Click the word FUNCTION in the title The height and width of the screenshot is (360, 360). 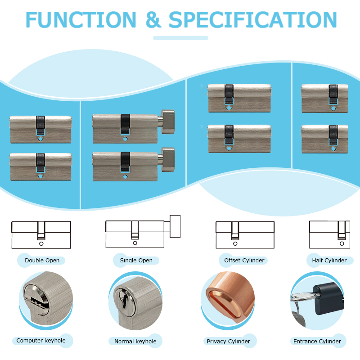coord(81,19)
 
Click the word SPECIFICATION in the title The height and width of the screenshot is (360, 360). coord(252,19)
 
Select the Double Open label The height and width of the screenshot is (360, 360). coord(42,260)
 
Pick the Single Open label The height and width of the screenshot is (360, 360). coord(136,260)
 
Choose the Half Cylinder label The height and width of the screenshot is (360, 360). coord(329,260)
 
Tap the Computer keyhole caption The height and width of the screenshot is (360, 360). coord(41,341)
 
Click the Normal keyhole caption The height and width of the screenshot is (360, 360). coord(135,341)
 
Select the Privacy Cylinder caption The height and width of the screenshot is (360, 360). coord(228,341)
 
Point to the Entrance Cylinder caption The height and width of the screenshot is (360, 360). coord(317,341)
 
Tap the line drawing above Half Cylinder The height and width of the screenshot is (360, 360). coord(329,234)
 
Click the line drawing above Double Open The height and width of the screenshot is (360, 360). coord(41,234)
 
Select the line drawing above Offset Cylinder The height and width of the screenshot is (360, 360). coord(245,234)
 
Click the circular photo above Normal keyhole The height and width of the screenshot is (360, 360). coord(135,299)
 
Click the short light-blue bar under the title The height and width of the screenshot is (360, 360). coord(180,38)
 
